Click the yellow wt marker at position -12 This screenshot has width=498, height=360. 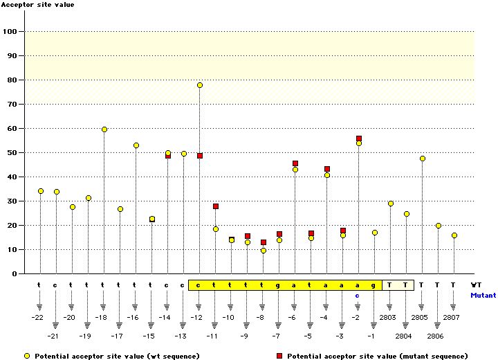(199, 85)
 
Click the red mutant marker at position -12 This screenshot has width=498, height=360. (199, 156)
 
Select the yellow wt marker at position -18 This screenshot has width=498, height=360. (104, 129)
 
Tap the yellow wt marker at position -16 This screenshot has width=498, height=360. (136, 145)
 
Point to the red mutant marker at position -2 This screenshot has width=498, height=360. (358, 138)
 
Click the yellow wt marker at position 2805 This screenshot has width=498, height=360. (422, 159)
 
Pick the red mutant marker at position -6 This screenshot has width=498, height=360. (295, 163)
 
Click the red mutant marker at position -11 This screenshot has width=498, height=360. (215, 206)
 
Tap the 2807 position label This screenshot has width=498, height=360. (453, 317)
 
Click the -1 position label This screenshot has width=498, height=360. (373, 336)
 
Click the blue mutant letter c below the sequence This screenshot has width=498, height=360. (358, 295)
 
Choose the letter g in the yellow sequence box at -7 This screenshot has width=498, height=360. (279, 285)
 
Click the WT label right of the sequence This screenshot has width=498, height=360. (476, 285)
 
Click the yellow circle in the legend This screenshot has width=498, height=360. (26, 355)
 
